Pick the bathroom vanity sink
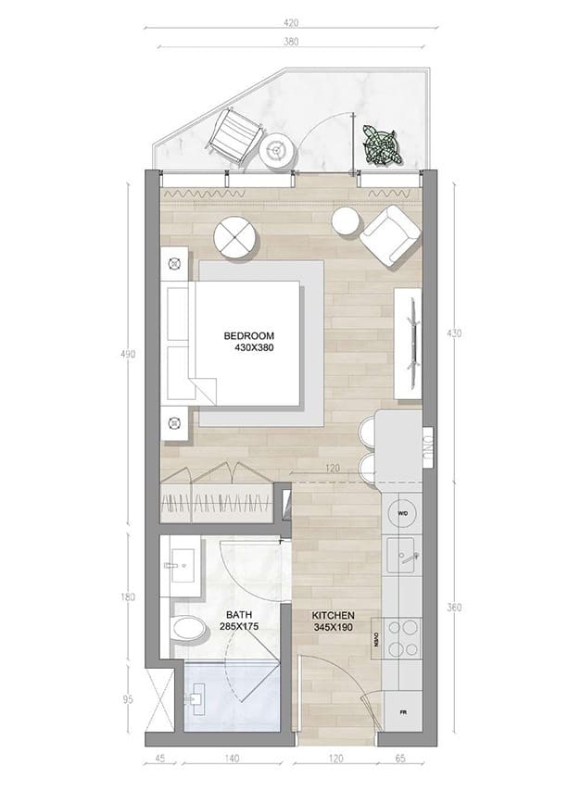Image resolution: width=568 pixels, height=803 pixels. [x=180, y=564]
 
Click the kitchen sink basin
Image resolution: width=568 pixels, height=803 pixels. [x=405, y=556]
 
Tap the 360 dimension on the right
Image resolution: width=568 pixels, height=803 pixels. [x=455, y=608]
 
